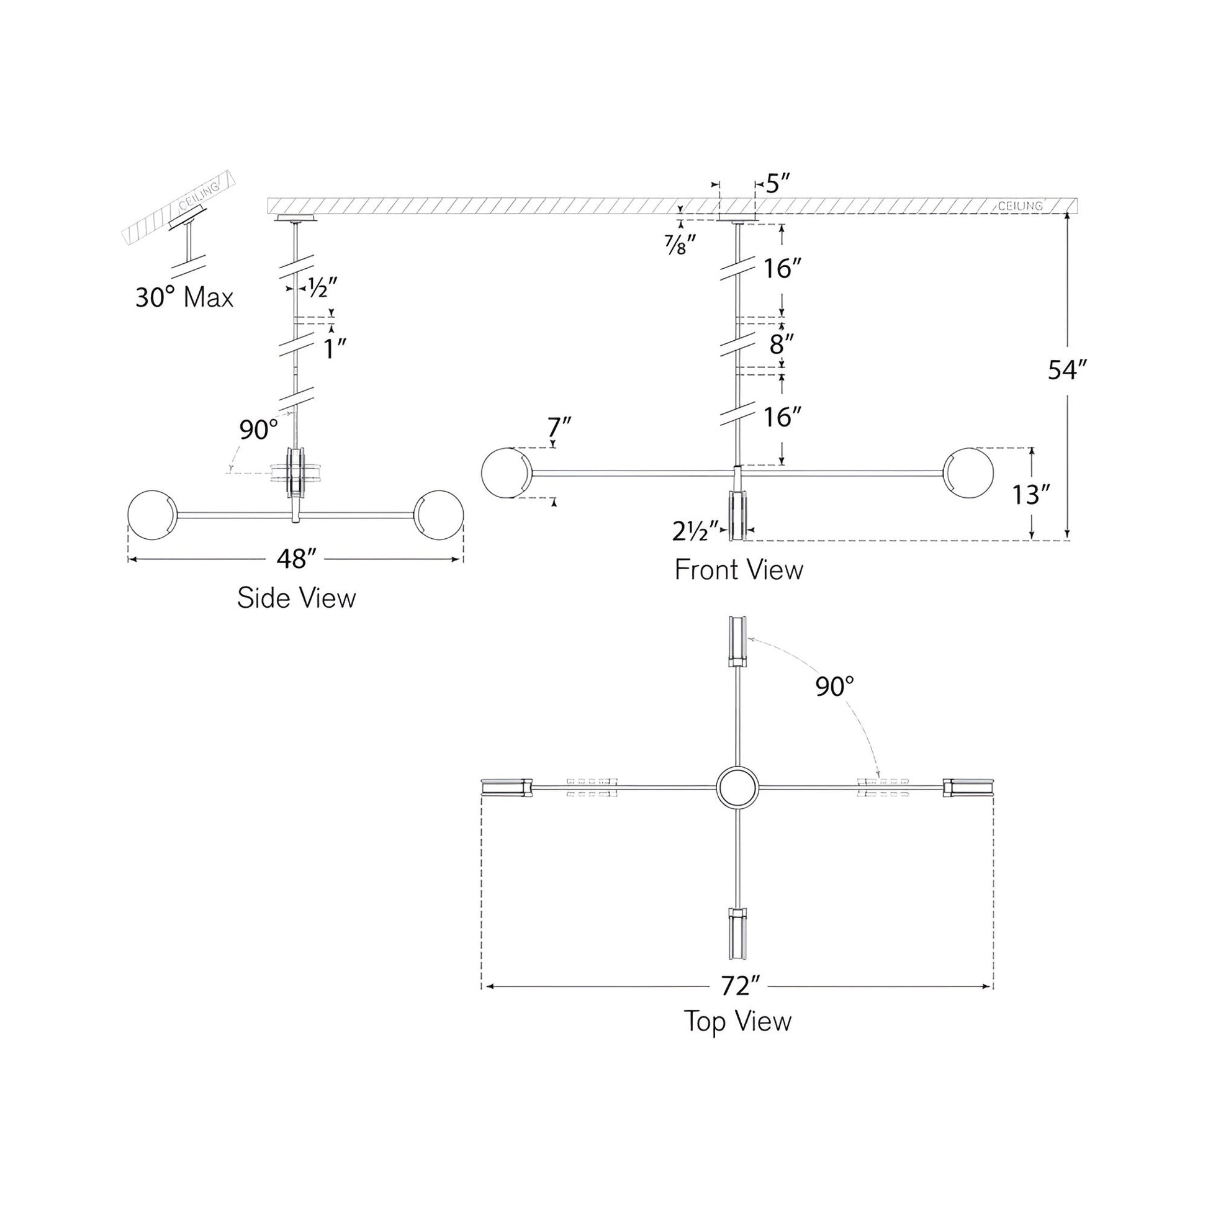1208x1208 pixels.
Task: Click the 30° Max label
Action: (x=184, y=297)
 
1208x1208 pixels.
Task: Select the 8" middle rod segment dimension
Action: (x=781, y=343)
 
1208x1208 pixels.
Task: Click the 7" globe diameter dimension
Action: (x=559, y=428)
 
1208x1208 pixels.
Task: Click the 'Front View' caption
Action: (x=739, y=570)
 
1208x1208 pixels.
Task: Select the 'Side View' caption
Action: (x=296, y=598)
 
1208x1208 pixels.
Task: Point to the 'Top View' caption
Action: (x=738, y=1021)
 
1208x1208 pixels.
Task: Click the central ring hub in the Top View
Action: (x=738, y=787)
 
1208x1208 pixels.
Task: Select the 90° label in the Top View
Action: (x=835, y=687)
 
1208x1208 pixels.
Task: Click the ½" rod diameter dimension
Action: (x=323, y=287)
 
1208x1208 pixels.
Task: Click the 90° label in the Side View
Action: (x=258, y=430)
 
